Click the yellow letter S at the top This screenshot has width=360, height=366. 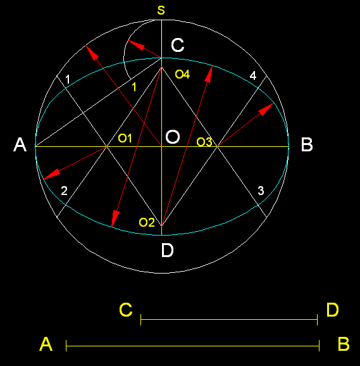coord(161,10)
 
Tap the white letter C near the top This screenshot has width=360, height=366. coord(178,45)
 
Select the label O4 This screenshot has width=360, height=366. coord(182,75)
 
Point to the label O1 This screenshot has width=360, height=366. coord(125,139)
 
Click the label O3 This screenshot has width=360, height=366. coord(204,142)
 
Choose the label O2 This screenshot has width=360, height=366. coord(147,222)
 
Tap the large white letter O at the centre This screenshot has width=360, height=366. coord(173,137)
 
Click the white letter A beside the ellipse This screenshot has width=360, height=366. coord(20,145)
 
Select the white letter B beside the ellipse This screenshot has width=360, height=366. coord(307,145)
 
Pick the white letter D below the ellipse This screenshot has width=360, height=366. coord(168,250)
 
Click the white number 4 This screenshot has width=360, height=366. coord(253,75)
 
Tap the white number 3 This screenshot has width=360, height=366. coord(261,191)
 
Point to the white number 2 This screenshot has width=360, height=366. coord(64,191)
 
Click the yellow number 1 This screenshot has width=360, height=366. coord(134,87)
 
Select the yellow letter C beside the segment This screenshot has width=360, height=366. coord(126,310)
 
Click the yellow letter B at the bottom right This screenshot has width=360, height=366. coord(344,344)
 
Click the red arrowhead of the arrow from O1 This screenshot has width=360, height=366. coord(51,174)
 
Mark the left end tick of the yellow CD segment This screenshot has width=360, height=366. coord(141,320)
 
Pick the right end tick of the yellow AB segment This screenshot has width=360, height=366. coord(319,346)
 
